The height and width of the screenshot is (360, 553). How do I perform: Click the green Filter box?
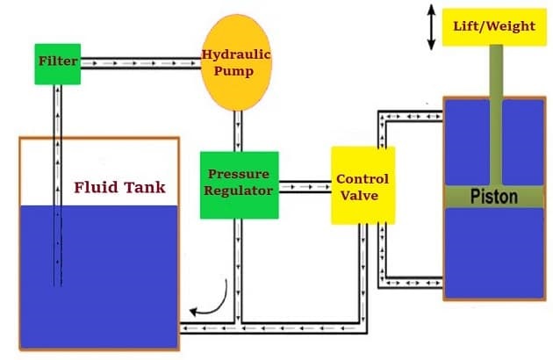click(x=58, y=62)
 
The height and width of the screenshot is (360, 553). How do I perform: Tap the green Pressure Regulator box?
click(x=239, y=184)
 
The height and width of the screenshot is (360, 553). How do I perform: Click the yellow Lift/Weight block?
click(x=493, y=27)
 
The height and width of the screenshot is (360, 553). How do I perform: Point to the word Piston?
click(x=492, y=195)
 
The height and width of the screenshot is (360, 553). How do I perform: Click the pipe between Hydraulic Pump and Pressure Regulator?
click(x=239, y=131)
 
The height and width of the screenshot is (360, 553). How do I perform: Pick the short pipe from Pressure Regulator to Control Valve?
click(x=305, y=186)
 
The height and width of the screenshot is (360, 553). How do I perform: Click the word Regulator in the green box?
click(x=239, y=190)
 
